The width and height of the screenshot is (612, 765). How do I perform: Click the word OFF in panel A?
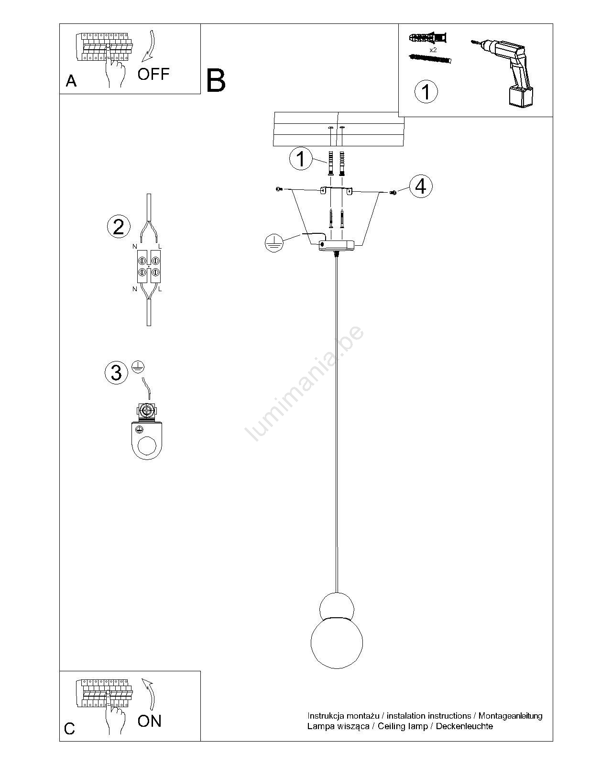[x=153, y=74]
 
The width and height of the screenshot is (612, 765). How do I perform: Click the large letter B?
[x=216, y=81]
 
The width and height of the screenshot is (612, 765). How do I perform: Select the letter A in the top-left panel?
[x=71, y=81]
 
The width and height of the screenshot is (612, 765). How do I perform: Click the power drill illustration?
[x=503, y=72]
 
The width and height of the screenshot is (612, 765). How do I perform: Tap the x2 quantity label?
[x=433, y=50]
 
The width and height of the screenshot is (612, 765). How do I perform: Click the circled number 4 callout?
[x=421, y=186]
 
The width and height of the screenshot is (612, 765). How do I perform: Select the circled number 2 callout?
[x=119, y=227]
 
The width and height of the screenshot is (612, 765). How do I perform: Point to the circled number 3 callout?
[x=116, y=372]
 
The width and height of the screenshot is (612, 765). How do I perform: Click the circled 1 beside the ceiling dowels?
[x=301, y=158]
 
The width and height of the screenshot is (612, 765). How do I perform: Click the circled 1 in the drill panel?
[x=426, y=91]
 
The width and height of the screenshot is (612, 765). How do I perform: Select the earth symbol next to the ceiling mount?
[x=274, y=243]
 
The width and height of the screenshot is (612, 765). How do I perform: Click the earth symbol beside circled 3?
[x=138, y=366]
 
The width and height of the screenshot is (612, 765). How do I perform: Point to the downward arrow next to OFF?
[x=150, y=46]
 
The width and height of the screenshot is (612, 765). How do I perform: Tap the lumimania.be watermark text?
[x=305, y=383]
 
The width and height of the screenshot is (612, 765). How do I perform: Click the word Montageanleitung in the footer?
[x=510, y=716]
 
